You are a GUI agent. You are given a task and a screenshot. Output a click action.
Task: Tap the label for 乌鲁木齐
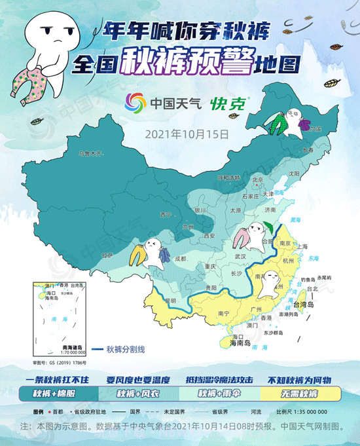(91, 154)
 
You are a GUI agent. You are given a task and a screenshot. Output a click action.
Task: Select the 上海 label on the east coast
(302, 246)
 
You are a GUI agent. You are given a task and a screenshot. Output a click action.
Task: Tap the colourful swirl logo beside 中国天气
(137, 103)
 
